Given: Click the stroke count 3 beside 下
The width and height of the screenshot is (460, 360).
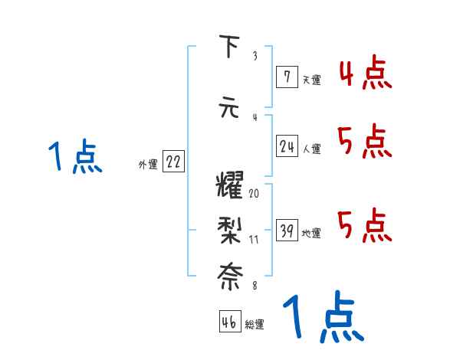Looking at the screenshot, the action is pyautogui.click(x=255, y=56).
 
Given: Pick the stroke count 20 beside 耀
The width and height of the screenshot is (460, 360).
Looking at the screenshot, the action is pyautogui.click(x=254, y=193).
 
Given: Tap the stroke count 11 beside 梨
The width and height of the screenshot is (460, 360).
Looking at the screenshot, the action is pyautogui.click(x=254, y=239).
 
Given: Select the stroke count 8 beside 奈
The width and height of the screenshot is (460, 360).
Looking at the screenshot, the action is pyautogui.click(x=255, y=285).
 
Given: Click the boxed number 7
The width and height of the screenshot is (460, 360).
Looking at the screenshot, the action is pyautogui.click(x=286, y=75).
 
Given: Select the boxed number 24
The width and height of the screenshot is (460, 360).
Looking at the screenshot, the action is pyautogui.click(x=287, y=146).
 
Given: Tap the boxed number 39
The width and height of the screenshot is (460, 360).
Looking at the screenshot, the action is pyautogui.click(x=287, y=231).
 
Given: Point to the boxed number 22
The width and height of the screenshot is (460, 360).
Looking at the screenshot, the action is pyautogui.click(x=173, y=162).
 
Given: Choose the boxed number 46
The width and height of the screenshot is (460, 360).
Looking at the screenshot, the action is pyautogui.click(x=229, y=322).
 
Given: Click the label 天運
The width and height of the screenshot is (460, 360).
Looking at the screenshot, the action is pyautogui.click(x=310, y=79).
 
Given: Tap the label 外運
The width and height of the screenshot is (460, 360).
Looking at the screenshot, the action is pyautogui.click(x=147, y=164).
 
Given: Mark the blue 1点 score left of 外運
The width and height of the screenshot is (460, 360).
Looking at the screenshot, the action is pyautogui.click(x=76, y=157).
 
